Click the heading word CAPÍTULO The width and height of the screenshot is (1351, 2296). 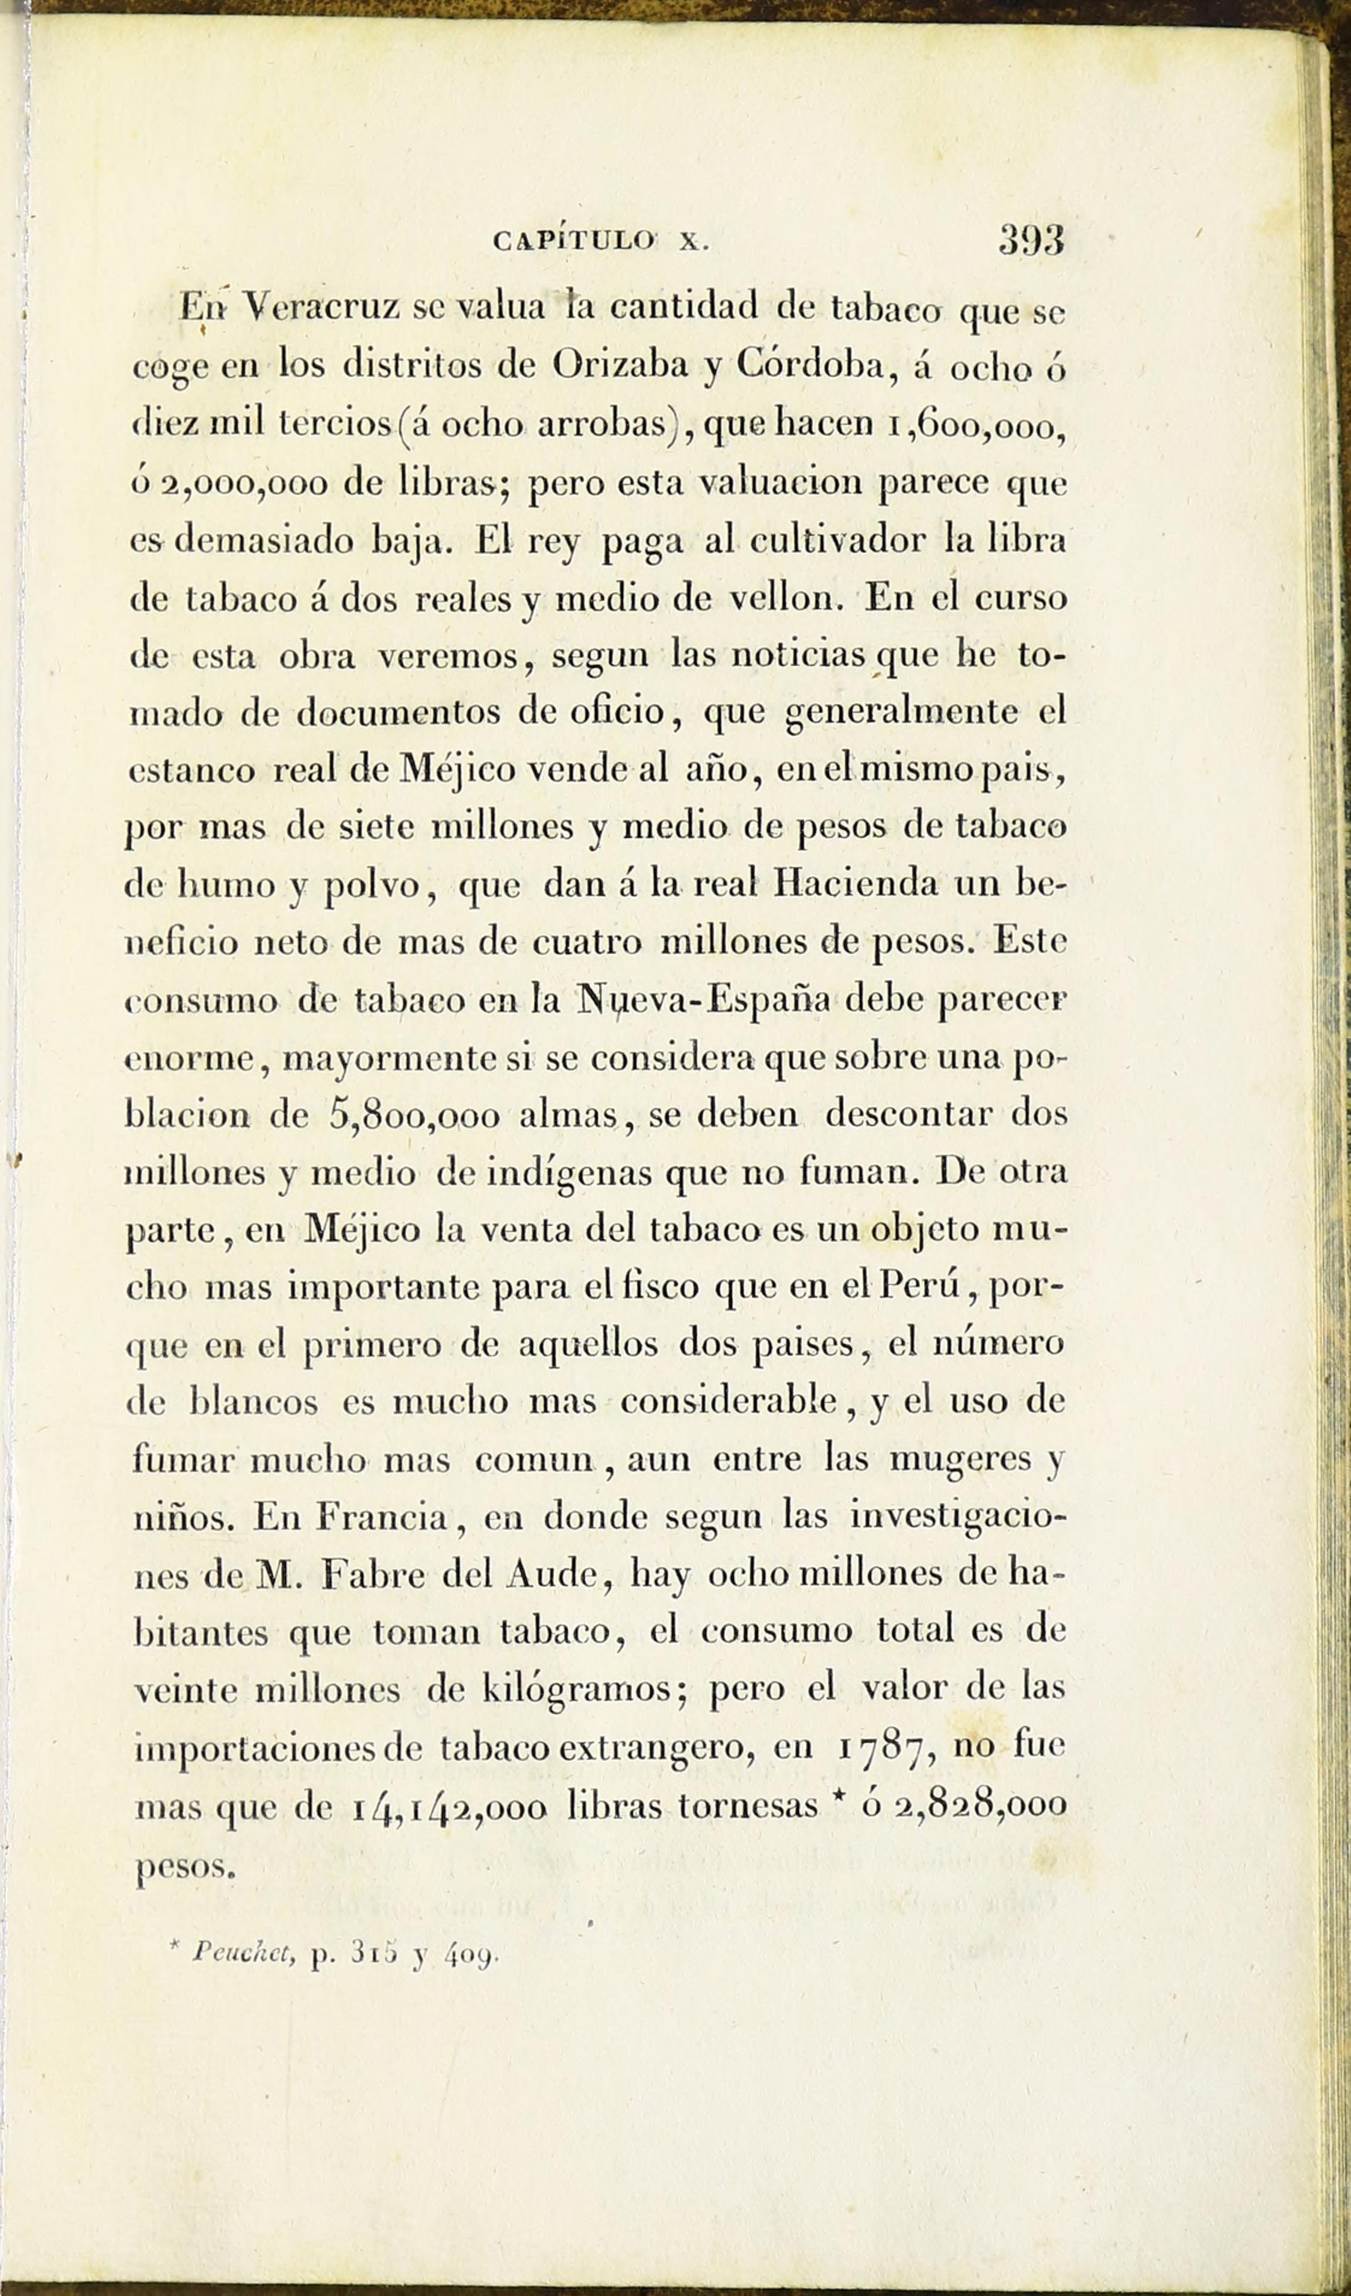tap(574, 242)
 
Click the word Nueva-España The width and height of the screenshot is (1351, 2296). tap(701, 1000)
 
